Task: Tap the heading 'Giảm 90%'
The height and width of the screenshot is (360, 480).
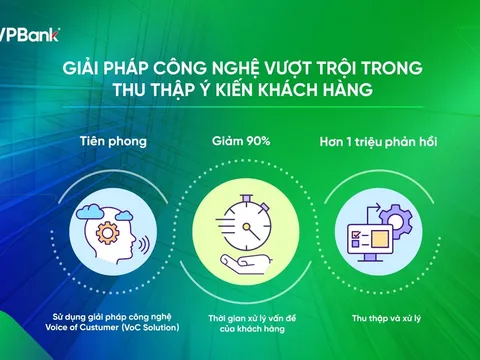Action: click(240, 141)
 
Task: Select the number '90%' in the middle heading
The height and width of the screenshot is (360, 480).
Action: click(257, 141)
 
